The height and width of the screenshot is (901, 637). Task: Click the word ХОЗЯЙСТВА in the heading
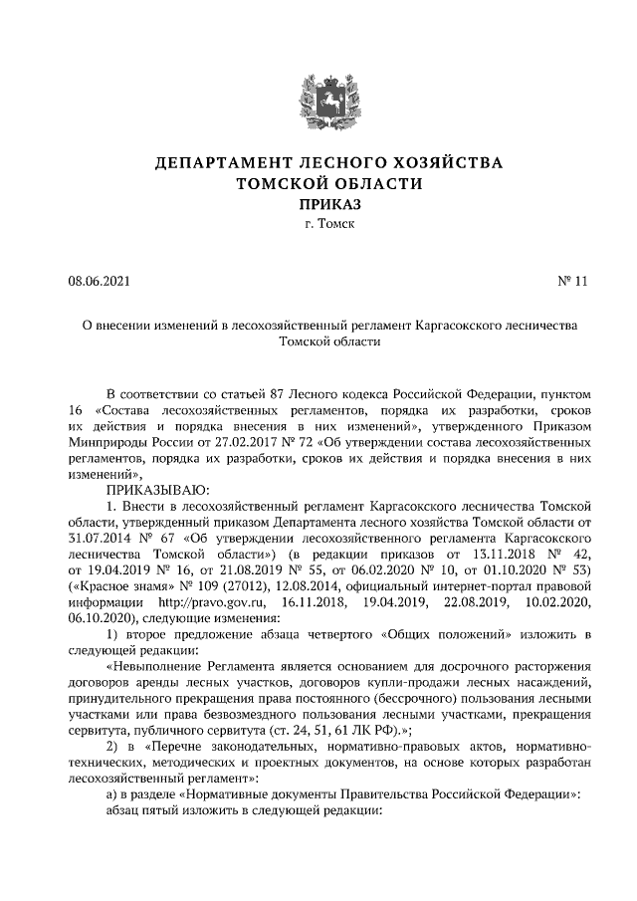pos(446,162)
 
